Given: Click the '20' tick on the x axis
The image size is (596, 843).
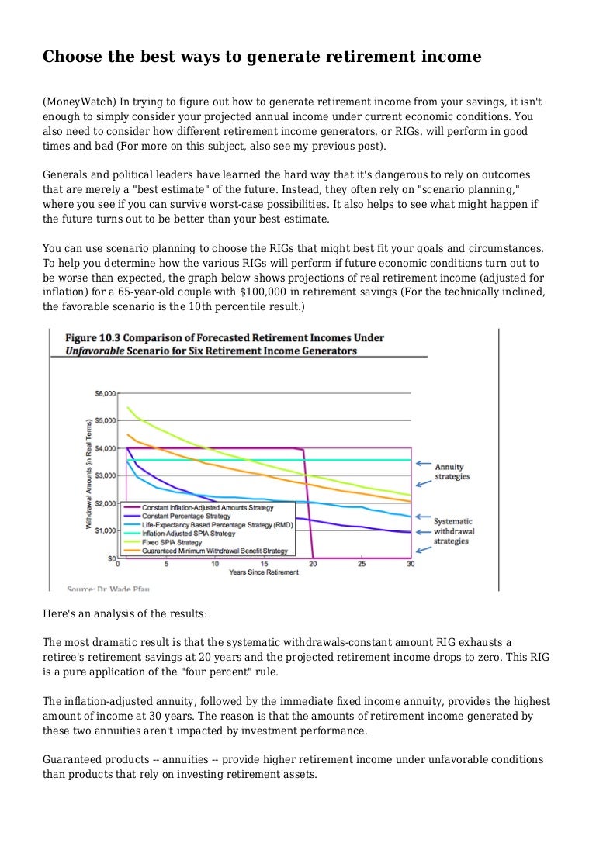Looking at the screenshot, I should pos(313,564).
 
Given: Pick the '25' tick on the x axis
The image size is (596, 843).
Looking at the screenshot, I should pos(362,564).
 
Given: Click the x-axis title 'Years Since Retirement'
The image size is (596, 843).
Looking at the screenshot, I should pos(264,572).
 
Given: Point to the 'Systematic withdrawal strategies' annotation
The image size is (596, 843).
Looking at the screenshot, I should pos(454,530).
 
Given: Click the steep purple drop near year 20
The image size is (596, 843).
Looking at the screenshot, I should pos(307,504).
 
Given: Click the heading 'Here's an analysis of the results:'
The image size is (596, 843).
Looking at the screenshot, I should pos(125,613).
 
